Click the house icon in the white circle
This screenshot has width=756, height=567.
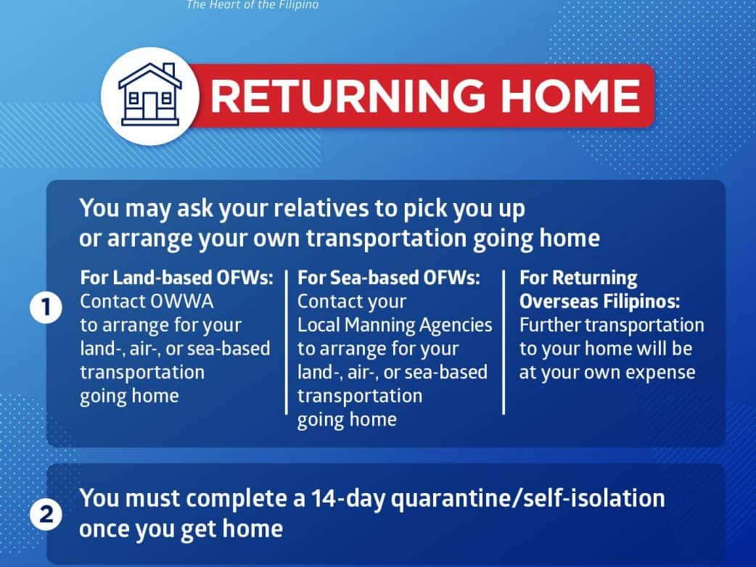[150, 94]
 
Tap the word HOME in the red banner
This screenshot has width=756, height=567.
[571, 96]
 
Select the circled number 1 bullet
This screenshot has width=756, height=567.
[46, 307]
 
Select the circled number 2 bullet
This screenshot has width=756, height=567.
[46, 514]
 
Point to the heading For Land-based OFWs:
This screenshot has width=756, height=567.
[177, 278]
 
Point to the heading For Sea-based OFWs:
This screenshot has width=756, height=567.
[389, 278]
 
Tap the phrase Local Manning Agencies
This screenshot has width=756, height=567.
[395, 326]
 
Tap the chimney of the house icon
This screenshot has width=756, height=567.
[169, 70]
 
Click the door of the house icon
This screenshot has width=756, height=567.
[150, 106]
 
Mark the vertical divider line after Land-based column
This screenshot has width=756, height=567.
[287, 342]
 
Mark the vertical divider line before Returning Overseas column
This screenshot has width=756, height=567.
[504, 342]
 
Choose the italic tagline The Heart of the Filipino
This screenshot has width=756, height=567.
[252, 5]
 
